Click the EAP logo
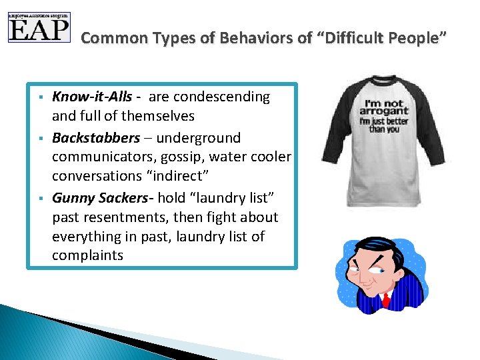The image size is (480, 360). pos(39,27)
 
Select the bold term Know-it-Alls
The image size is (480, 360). pos(92,97)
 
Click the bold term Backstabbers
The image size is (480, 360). pos(96,138)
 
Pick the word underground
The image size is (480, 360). pos(199,138)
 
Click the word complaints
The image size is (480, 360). pos(87,255)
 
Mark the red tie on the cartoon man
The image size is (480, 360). pos(385,302)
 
